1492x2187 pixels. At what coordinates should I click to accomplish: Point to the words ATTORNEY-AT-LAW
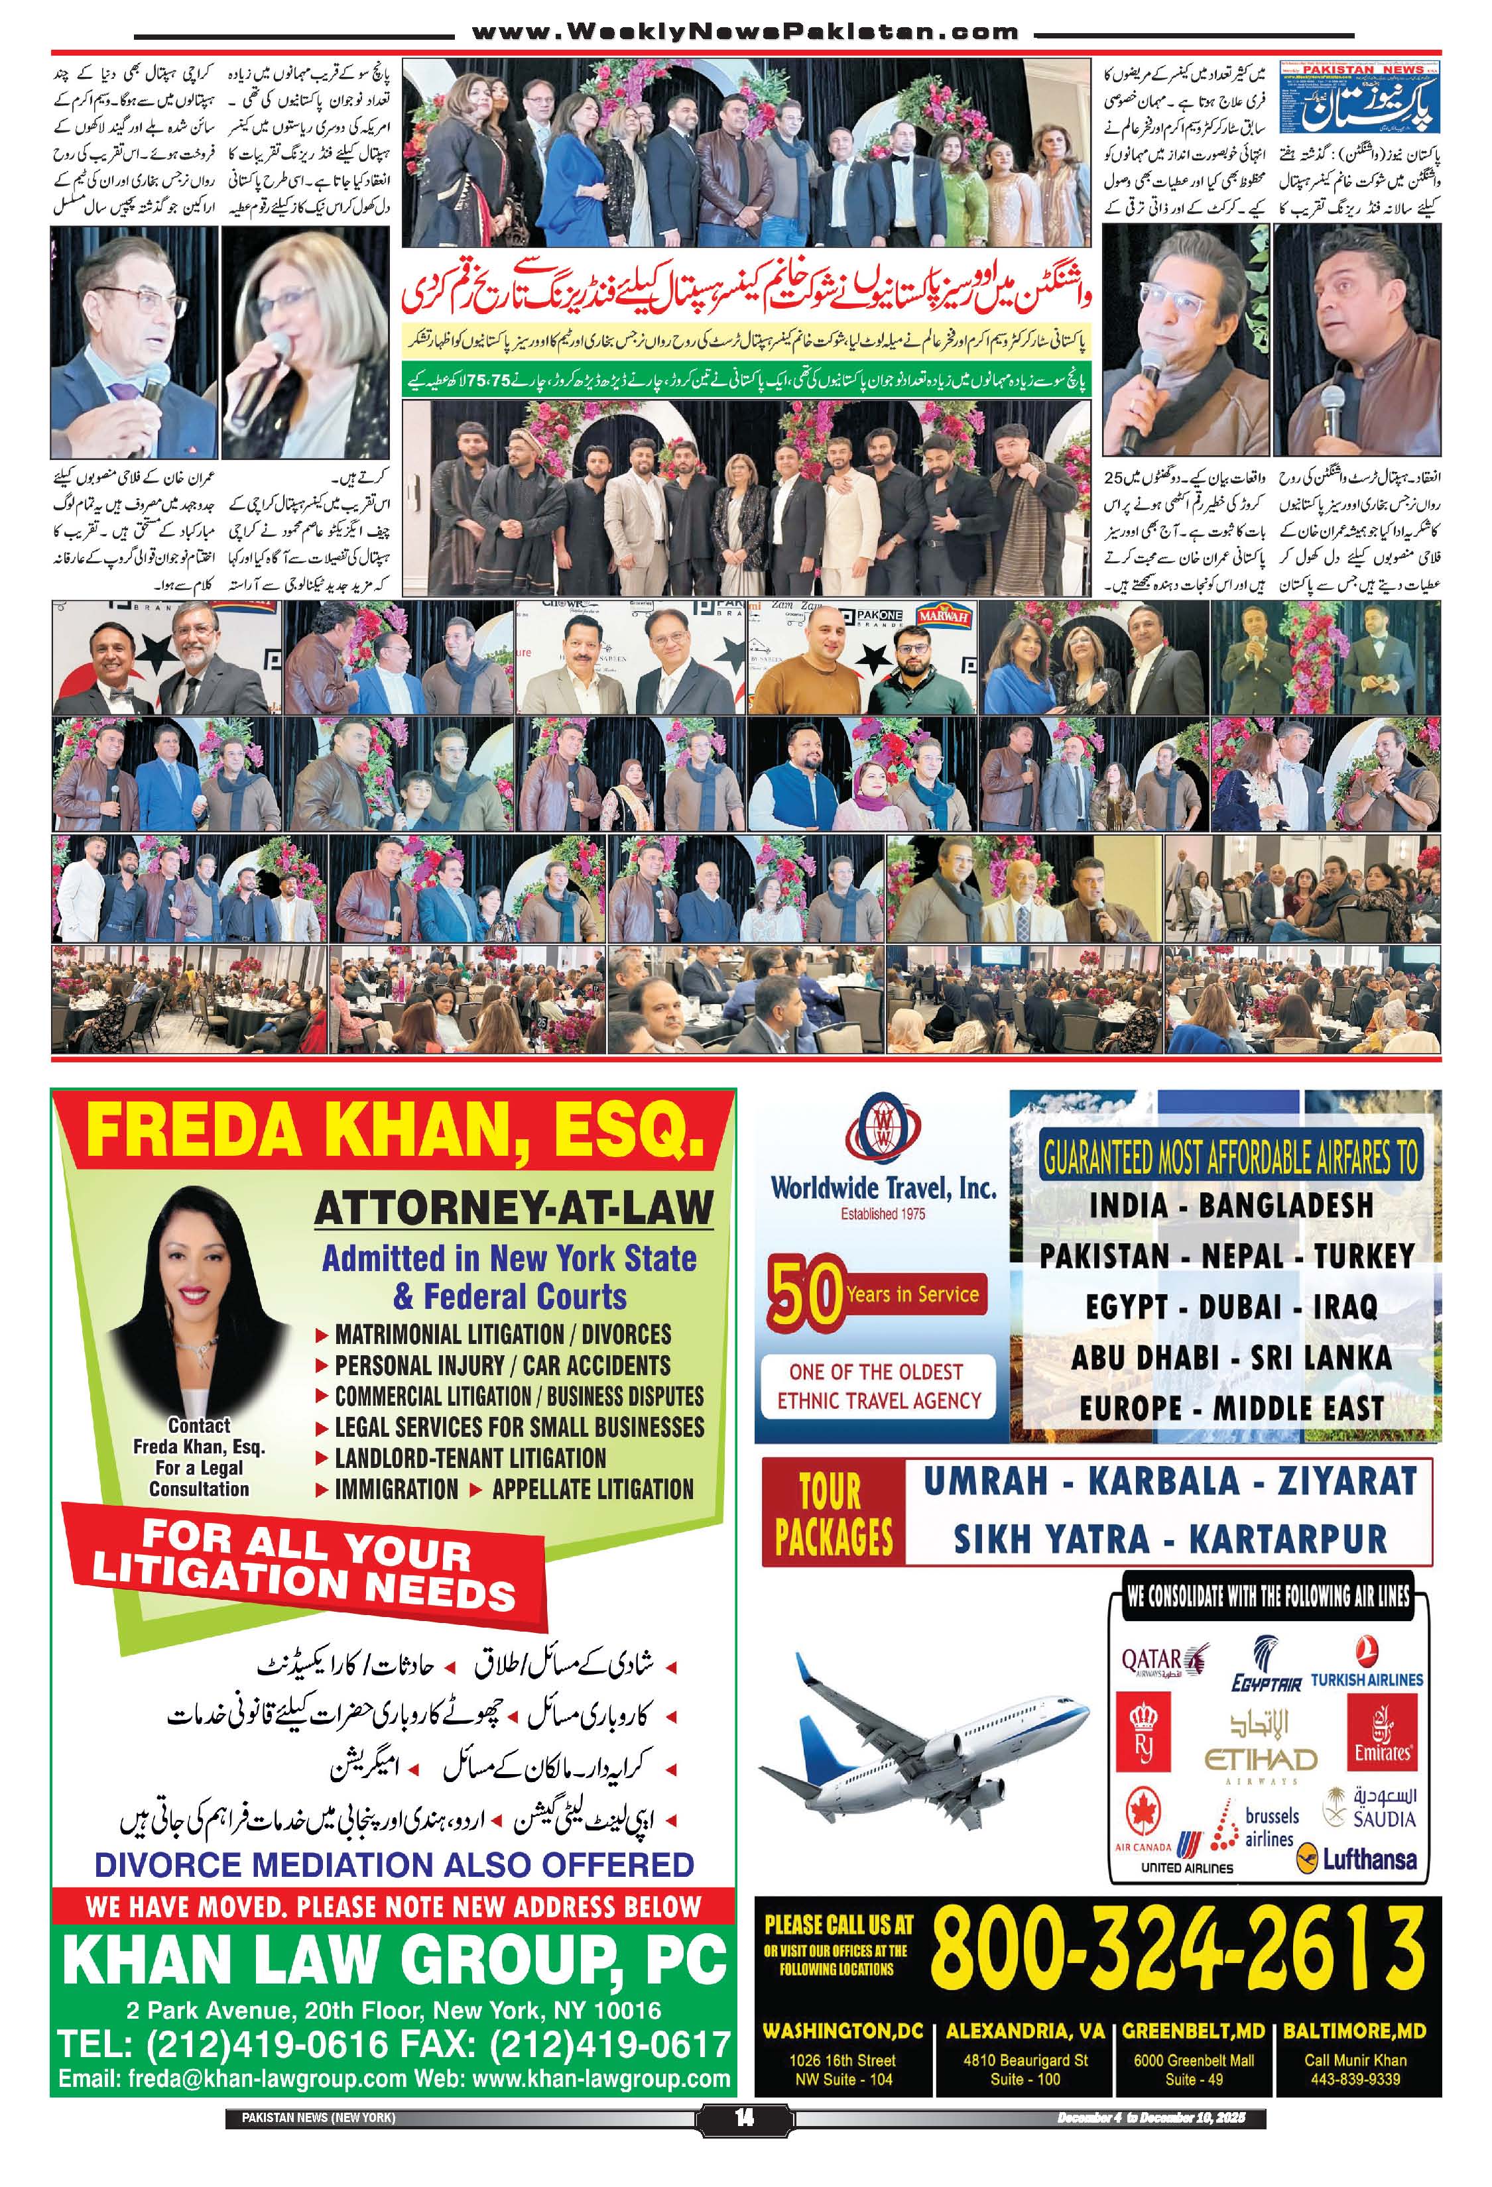pos(514,1208)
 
